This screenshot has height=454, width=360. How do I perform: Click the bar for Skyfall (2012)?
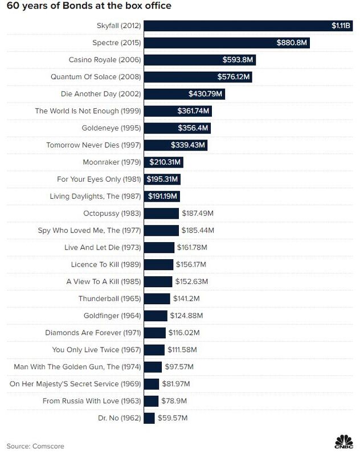pos(248,26)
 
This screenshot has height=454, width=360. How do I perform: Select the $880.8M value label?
pos(291,43)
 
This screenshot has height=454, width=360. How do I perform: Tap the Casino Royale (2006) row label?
pos(105,60)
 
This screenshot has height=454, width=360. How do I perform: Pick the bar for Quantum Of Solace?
pos(198,77)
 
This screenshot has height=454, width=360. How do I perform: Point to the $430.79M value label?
pos(205,94)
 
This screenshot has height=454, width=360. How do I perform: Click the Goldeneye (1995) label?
pos(111,128)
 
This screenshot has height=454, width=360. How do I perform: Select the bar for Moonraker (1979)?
pos(163,162)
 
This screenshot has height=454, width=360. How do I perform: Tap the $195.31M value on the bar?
pos(162,179)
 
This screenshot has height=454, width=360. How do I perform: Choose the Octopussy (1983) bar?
pos(161,214)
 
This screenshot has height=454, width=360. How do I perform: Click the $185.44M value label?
pos(198,231)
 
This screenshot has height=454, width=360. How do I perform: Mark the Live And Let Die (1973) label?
pos(103,248)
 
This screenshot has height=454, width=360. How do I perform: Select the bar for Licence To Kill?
pos(158,265)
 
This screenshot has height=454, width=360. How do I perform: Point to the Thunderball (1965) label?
pos(109,298)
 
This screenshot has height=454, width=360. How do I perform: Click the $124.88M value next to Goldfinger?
pos(186,316)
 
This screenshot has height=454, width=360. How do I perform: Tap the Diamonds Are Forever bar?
pos(155,333)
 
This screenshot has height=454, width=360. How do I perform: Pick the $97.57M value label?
pos(179,367)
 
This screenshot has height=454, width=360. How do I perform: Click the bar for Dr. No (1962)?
pos(149,418)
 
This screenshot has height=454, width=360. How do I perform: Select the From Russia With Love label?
pos(92,401)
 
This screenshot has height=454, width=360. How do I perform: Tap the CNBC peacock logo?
pos(343,442)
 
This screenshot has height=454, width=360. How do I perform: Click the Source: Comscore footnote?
pos(35,446)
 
